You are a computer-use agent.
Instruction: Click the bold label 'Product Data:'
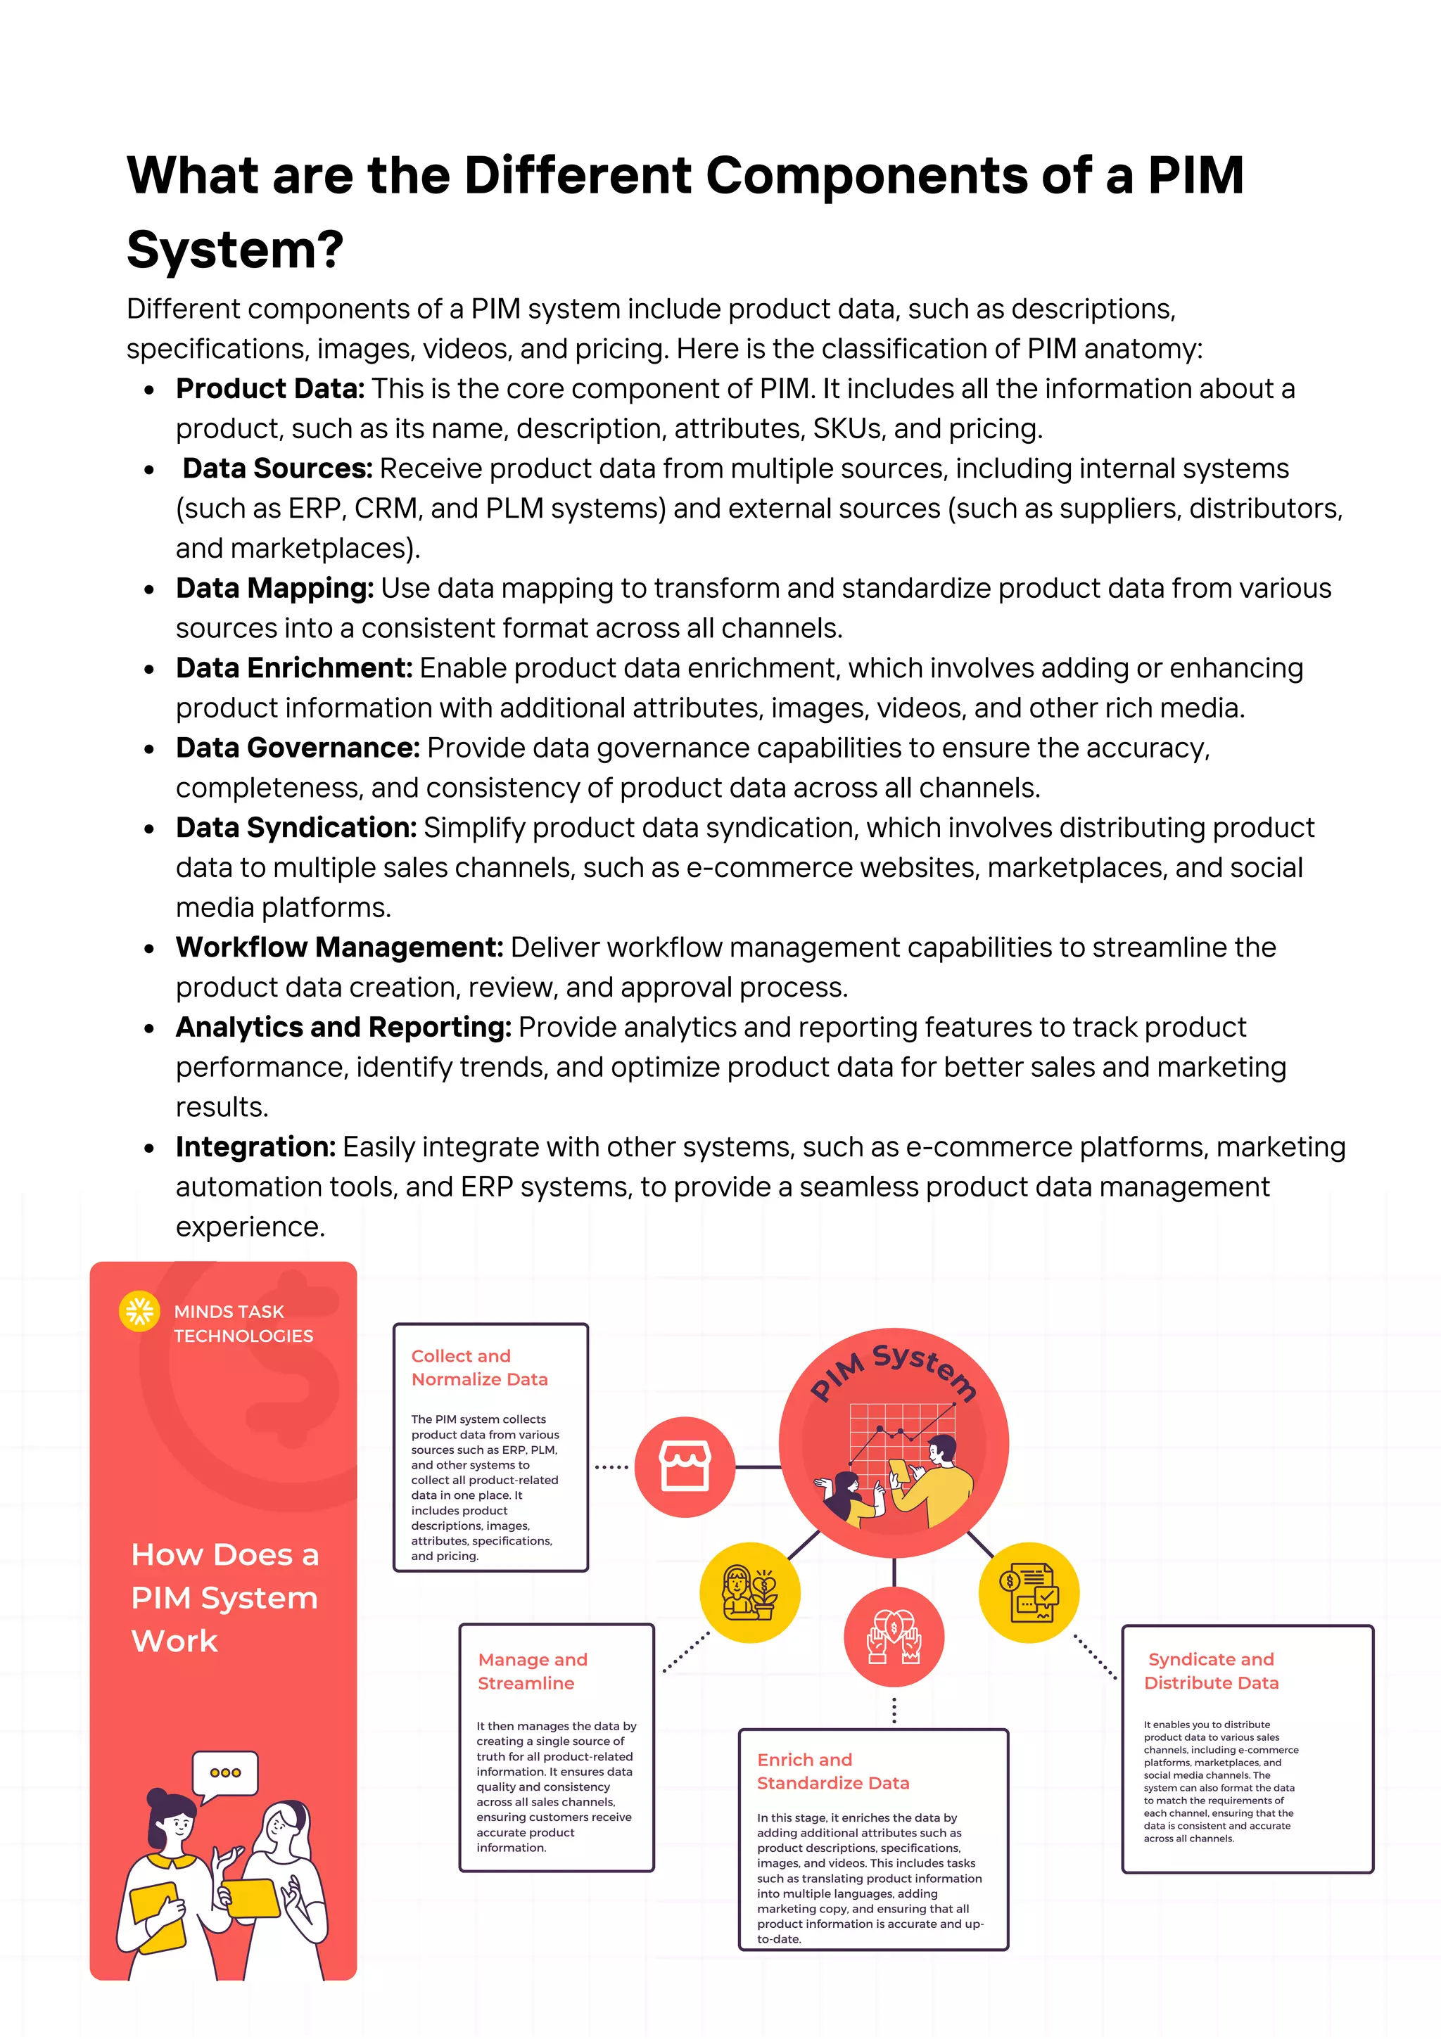tap(270, 389)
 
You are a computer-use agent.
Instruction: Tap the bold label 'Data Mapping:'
tap(274, 589)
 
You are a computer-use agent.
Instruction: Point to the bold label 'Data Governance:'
tap(298, 748)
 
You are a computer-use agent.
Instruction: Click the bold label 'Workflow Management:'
tap(339, 947)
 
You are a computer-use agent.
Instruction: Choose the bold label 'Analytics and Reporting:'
tap(343, 1028)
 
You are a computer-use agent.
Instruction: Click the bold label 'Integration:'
tap(255, 1147)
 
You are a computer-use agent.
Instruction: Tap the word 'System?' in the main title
tap(234, 250)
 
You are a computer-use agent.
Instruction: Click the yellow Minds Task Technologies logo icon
tap(139, 1311)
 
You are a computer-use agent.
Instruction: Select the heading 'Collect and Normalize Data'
tap(479, 1367)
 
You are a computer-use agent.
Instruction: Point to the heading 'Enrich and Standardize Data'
tap(832, 1771)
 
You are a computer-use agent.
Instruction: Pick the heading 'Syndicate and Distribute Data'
tap(1211, 1670)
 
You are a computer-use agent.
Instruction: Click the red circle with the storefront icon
tap(684, 1466)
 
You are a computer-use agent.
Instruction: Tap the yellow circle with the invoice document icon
tap(1029, 1592)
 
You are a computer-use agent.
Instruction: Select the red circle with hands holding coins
tap(894, 1637)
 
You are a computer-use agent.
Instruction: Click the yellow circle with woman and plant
tap(750, 1592)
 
